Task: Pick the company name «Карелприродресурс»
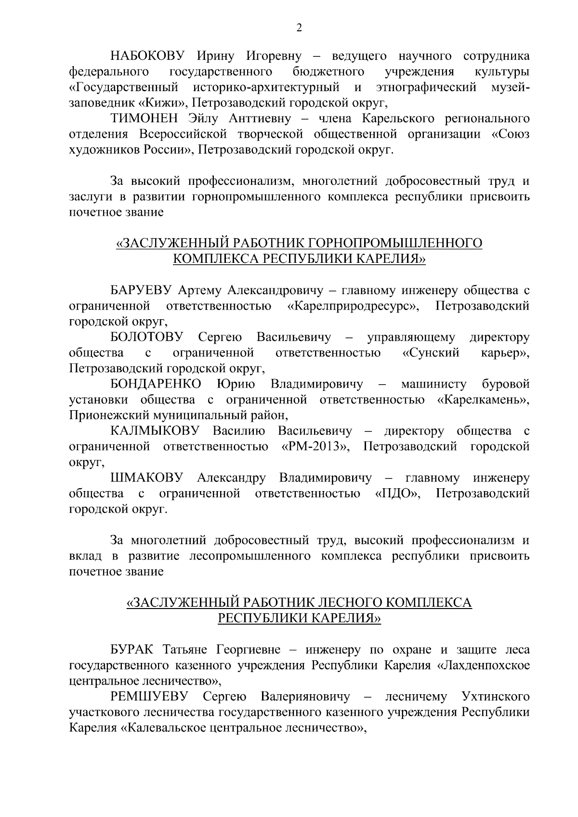tap(354, 306)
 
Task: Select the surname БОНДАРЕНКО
tap(156, 384)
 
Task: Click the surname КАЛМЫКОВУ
tap(155, 430)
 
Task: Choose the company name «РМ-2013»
tap(315, 446)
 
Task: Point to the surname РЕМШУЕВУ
tap(150, 697)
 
